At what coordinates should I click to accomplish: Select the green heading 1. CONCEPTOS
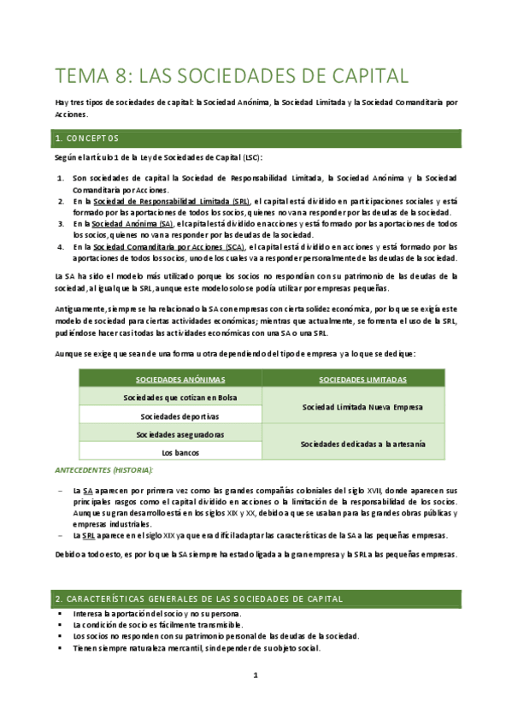87,138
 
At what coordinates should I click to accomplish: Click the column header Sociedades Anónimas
169,379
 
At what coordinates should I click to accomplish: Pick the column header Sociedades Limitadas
354,379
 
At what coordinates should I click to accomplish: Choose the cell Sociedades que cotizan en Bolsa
169,398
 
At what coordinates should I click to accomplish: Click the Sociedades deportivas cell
169,416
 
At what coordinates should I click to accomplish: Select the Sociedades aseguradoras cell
169,435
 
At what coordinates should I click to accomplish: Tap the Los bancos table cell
169,453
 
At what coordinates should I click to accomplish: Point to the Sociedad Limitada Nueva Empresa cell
354,407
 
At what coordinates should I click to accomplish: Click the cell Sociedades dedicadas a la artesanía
354,444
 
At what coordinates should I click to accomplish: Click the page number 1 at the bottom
255,675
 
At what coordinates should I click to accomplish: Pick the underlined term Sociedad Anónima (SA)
133,223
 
